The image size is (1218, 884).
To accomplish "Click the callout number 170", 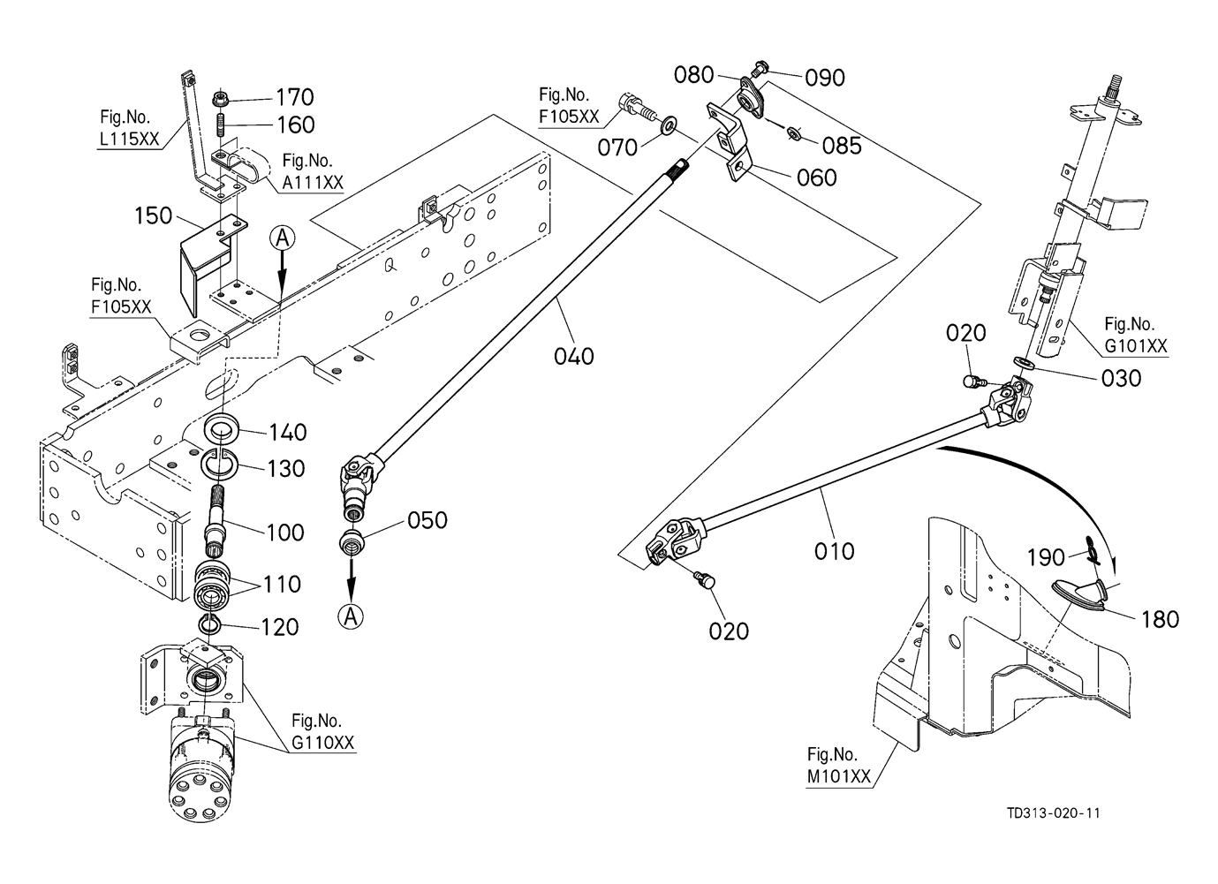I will click(295, 96).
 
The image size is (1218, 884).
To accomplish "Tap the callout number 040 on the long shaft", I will click(574, 356).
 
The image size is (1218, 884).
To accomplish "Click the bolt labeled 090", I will click(760, 67).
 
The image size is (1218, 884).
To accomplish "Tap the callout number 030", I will click(1122, 378).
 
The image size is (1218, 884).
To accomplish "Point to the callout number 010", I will click(834, 551).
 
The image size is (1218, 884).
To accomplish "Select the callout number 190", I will click(1047, 557).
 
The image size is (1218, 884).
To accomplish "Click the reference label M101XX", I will click(838, 777).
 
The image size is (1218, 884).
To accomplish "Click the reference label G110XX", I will click(323, 743).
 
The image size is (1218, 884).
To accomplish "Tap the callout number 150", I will click(154, 215).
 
